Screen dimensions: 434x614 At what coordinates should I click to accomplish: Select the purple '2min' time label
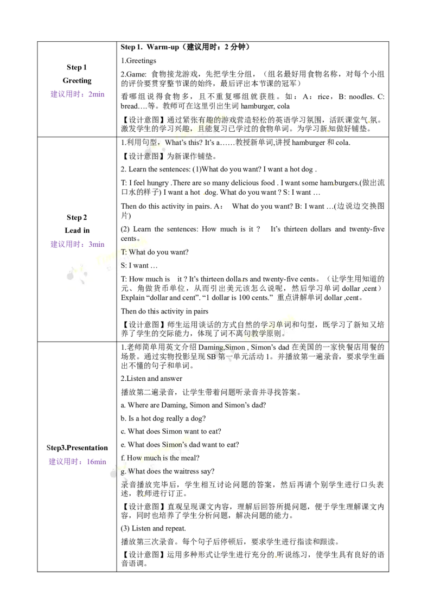[x=97, y=94]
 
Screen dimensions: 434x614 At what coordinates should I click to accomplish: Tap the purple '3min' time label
[x=97, y=244]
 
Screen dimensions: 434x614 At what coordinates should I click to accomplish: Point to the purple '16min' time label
[x=97, y=462]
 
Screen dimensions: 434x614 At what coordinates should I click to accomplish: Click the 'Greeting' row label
[x=77, y=81]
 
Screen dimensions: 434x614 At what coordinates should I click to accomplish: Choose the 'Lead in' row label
[x=77, y=230]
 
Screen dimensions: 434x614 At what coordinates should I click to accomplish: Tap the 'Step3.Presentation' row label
[x=77, y=447]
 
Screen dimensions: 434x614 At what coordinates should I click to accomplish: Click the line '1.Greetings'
[x=138, y=61]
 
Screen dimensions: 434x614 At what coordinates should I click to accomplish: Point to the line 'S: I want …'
[x=139, y=265]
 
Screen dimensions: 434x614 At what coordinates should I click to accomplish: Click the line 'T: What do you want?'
[x=155, y=252]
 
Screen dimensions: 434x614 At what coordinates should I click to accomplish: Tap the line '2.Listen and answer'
[x=151, y=379]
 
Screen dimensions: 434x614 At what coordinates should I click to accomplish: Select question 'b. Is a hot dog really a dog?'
[x=163, y=419]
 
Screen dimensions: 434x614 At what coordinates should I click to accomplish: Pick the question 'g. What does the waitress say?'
[x=168, y=471]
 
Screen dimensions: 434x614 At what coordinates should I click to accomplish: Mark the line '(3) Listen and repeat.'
[x=153, y=528]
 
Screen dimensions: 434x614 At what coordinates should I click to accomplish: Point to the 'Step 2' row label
[x=77, y=218]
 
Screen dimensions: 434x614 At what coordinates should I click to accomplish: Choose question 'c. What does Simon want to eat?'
[x=171, y=432]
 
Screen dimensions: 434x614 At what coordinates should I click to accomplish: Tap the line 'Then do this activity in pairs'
[x=164, y=312]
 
